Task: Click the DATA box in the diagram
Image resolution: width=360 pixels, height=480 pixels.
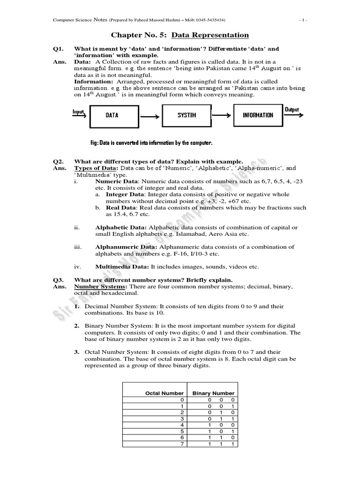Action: point(112,115)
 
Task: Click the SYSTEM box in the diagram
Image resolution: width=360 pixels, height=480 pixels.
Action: point(187,115)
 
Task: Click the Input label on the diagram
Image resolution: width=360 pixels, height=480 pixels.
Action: point(78,112)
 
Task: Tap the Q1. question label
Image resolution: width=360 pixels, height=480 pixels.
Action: point(58,49)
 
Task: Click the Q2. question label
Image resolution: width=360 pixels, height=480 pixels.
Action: point(58,161)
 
